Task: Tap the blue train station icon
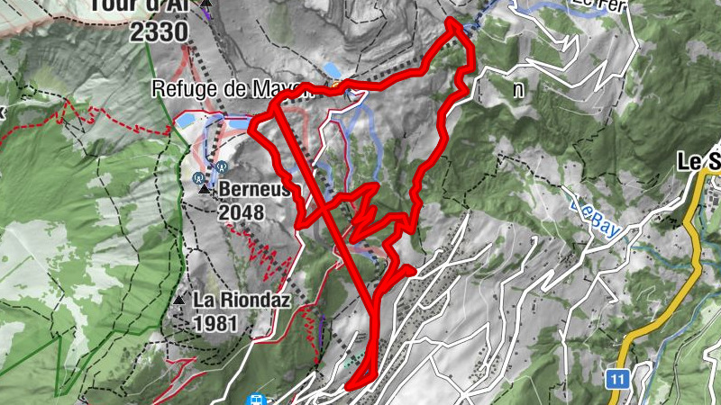pos(256,399)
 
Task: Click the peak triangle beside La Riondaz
pos(180,300)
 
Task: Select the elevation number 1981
pos(215,321)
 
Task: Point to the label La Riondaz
pos(242,301)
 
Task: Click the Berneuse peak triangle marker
pos(204,191)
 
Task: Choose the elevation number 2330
pos(159,32)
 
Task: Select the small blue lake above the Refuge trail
pos(333,69)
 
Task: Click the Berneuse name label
pos(254,191)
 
